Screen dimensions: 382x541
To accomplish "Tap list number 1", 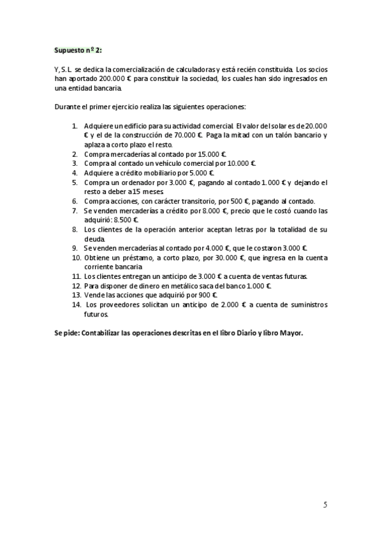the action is click(75, 126).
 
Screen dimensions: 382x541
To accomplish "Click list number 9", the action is click(75, 248).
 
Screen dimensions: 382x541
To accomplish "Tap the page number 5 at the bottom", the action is click(325, 505).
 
